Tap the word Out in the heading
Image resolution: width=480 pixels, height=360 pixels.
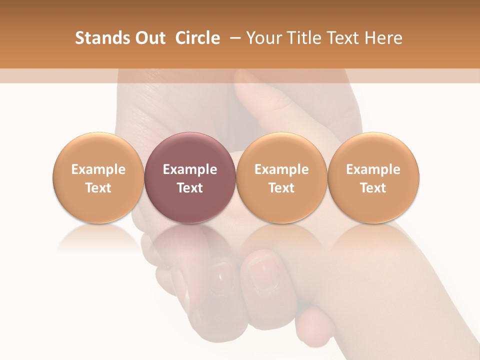pyautogui.click(x=149, y=38)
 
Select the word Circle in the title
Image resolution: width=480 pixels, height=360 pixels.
pyautogui.click(x=197, y=38)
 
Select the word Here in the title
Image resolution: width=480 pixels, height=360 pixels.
pyautogui.click(x=384, y=38)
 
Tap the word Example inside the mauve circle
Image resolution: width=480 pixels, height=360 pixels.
pyautogui.click(x=190, y=169)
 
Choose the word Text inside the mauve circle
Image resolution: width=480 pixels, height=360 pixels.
pyautogui.click(x=190, y=188)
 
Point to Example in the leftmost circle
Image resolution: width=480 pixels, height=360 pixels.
pyautogui.click(x=98, y=169)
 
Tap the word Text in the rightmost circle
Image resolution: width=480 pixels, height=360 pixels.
pyautogui.click(x=373, y=188)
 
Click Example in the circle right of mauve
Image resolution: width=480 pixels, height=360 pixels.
pyautogui.click(x=281, y=169)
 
